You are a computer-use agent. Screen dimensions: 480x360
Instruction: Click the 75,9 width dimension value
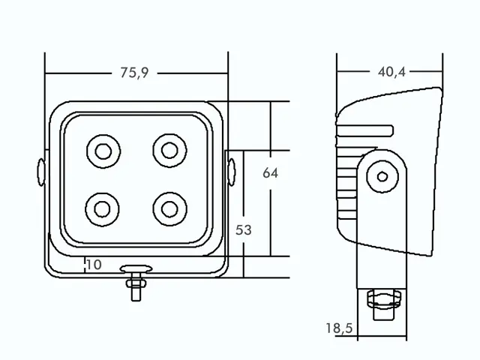(x=134, y=73)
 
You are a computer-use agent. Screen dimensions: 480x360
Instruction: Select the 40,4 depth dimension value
(x=391, y=72)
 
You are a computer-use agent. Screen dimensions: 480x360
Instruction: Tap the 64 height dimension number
(x=270, y=173)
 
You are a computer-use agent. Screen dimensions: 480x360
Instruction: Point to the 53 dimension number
(x=243, y=230)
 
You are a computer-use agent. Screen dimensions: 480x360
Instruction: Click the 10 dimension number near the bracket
(x=94, y=265)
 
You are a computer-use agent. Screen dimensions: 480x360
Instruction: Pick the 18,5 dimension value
(x=339, y=328)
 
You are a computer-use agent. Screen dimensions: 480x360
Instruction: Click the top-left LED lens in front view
(x=103, y=151)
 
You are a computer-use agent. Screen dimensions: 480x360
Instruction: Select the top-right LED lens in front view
(x=169, y=151)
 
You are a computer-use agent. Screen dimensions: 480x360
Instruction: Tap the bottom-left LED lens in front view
(x=102, y=209)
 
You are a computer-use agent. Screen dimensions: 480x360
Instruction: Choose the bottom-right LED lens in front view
(x=169, y=209)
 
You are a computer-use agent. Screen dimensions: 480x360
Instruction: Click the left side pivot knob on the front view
(x=41, y=172)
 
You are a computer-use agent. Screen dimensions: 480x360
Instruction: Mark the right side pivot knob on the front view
(x=232, y=172)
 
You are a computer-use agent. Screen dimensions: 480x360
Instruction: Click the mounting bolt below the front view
(x=136, y=283)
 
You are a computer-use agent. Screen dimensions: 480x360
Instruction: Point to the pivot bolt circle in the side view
(x=382, y=177)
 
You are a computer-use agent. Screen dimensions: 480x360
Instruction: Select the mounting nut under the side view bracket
(x=384, y=299)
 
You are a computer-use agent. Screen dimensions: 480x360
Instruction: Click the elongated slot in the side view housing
(x=365, y=130)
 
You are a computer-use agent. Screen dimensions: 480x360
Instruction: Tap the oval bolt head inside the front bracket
(x=136, y=269)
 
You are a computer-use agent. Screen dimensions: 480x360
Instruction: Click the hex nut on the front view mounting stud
(x=136, y=283)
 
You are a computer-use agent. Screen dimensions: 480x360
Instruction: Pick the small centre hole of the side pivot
(x=382, y=177)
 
